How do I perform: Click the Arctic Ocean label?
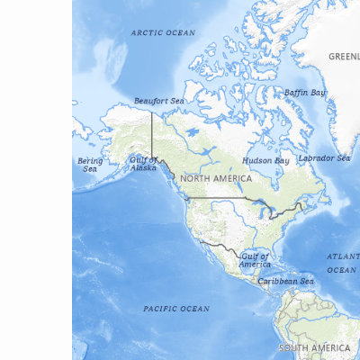pyautogui.click(x=163, y=32)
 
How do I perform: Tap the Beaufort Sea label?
pyautogui.click(x=158, y=101)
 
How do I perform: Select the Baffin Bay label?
pyautogui.click(x=305, y=92)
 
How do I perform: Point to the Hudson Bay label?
pyautogui.click(x=265, y=160)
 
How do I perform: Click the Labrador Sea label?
pyautogui.click(x=324, y=158)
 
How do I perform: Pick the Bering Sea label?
pyautogui.click(x=90, y=164)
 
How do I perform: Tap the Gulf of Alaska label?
pyautogui.click(x=143, y=164)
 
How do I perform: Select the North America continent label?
pyautogui.click(x=216, y=179)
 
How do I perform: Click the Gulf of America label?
pyautogui.click(x=255, y=260)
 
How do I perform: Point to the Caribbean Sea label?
pyautogui.click(x=285, y=281)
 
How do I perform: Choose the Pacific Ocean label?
pyautogui.click(x=176, y=309)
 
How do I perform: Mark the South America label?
pyautogui.click(x=314, y=347)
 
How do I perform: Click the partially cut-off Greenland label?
pyautogui.click(x=344, y=56)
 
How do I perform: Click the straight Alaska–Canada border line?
pyautogui.click(x=151, y=135)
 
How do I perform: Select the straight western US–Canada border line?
pyautogui.click(x=216, y=198)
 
